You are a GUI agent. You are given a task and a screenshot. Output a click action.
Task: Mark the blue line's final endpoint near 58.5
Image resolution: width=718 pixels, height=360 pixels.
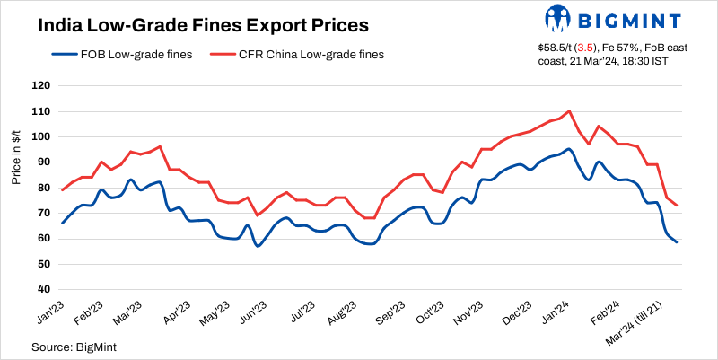click(676, 241)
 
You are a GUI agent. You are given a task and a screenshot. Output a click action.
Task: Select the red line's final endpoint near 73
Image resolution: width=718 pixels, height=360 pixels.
click(676, 206)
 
